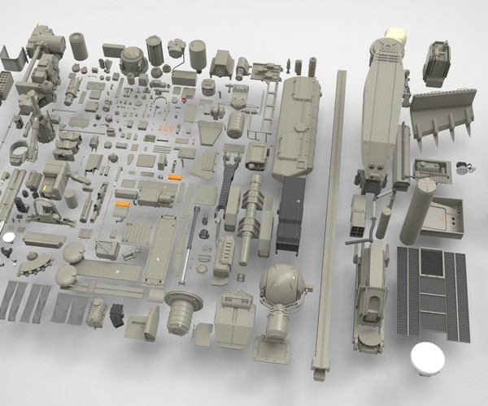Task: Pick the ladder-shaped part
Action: pyautogui.click(x=266, y=110)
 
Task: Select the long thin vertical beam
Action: pyautogui.click(x=330, y=219)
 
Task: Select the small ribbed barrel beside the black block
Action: pyautogui.click(x=97, y=312)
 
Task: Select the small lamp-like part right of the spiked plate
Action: pyautogui.click(x=466, y=167)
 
